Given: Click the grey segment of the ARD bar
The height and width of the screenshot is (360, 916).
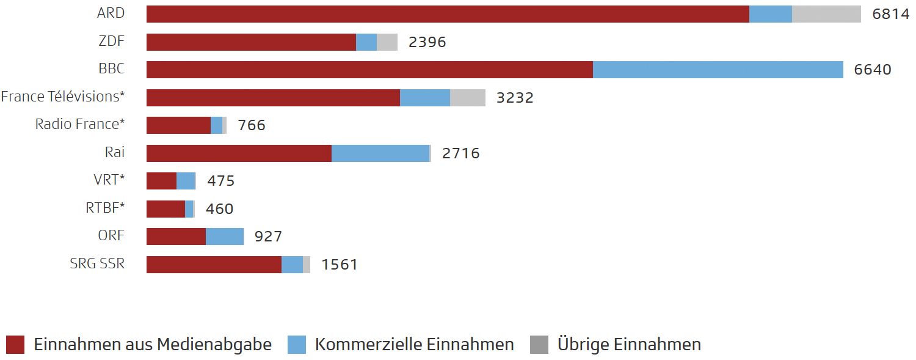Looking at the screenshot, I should coord(826,14).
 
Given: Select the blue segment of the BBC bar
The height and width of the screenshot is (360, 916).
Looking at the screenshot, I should coord(718,70).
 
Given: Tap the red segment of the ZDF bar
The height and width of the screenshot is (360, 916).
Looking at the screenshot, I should coord(251,42).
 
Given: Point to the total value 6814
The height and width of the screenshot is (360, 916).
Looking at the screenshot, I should coord(891,14).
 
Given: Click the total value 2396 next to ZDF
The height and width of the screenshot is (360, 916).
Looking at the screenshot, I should coord(427,42).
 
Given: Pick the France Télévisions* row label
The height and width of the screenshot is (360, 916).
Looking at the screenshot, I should coord(63,97).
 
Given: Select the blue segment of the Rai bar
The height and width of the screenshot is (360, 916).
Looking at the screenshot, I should coord(380,153).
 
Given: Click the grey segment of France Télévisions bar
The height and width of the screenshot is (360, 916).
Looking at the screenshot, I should coord(468,98).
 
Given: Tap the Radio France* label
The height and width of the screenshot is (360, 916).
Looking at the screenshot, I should coord(80,124).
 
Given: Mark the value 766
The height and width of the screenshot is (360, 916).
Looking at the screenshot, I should coord(252,125).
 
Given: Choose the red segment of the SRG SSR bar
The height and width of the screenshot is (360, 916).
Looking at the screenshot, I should coord(214,265).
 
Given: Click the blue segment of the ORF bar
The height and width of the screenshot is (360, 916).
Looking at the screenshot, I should coord(225,237).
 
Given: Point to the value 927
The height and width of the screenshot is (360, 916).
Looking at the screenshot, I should coord(268,237).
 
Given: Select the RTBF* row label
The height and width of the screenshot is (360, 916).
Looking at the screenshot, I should coord(105,208).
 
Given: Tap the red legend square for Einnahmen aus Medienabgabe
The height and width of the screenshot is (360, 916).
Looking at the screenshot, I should coord(15,345).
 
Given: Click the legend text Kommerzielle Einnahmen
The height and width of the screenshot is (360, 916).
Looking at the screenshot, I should coord(414,345).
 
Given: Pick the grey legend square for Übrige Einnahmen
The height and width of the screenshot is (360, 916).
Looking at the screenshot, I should coord(539,345).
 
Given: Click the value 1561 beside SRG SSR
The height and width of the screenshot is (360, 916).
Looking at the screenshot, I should coord(339,265).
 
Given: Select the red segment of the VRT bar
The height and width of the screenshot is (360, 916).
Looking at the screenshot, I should coord(161,181).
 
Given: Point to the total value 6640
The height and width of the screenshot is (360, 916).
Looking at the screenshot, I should coord(873,70).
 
